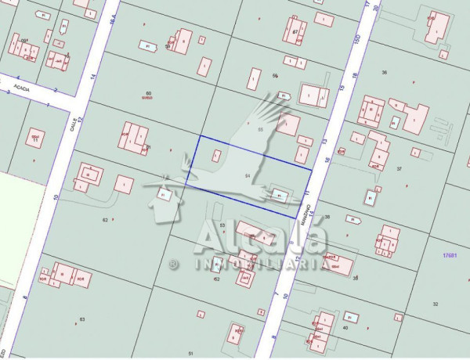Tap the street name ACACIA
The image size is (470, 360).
[21, 88]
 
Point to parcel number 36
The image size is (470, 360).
[384, 72]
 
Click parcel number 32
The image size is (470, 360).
[435, 304]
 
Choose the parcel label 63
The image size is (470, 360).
[82, 319]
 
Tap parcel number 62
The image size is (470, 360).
[105, 220]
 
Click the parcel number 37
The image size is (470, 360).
[399, 169]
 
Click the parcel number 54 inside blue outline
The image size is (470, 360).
[248, 175]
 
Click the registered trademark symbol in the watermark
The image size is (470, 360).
[173, 265]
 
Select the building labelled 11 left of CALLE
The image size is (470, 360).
[34, 139]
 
